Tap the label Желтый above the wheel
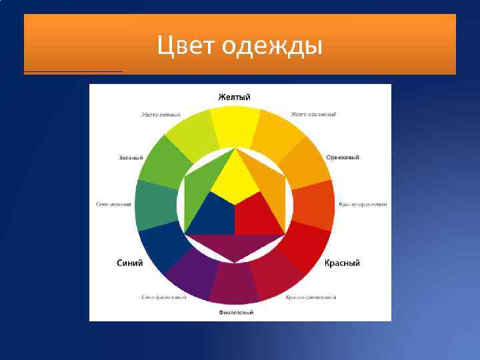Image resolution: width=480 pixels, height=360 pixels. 235,97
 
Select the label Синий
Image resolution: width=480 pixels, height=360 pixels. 130,263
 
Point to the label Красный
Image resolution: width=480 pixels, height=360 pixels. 342,263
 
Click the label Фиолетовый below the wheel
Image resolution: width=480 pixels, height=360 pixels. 236,311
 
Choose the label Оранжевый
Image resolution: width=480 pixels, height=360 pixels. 343,158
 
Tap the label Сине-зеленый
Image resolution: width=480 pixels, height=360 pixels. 113,204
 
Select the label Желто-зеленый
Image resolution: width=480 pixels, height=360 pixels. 161,115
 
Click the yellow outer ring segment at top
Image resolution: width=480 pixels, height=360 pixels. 235,127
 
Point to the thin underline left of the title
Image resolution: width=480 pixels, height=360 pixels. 73,71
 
